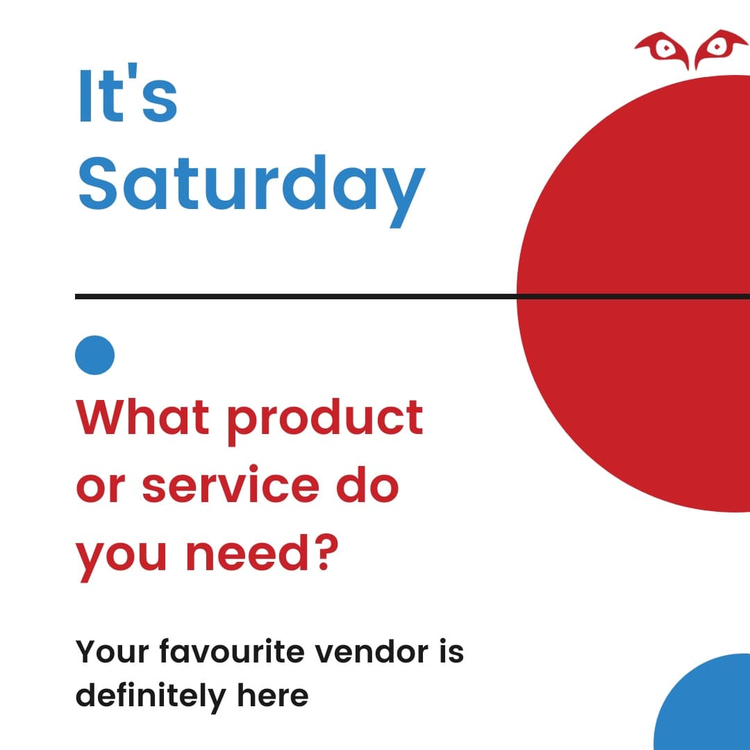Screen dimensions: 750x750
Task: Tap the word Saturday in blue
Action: [250, 184]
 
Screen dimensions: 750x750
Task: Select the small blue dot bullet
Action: [94, 355]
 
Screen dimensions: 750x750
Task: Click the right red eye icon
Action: [716, 47]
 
